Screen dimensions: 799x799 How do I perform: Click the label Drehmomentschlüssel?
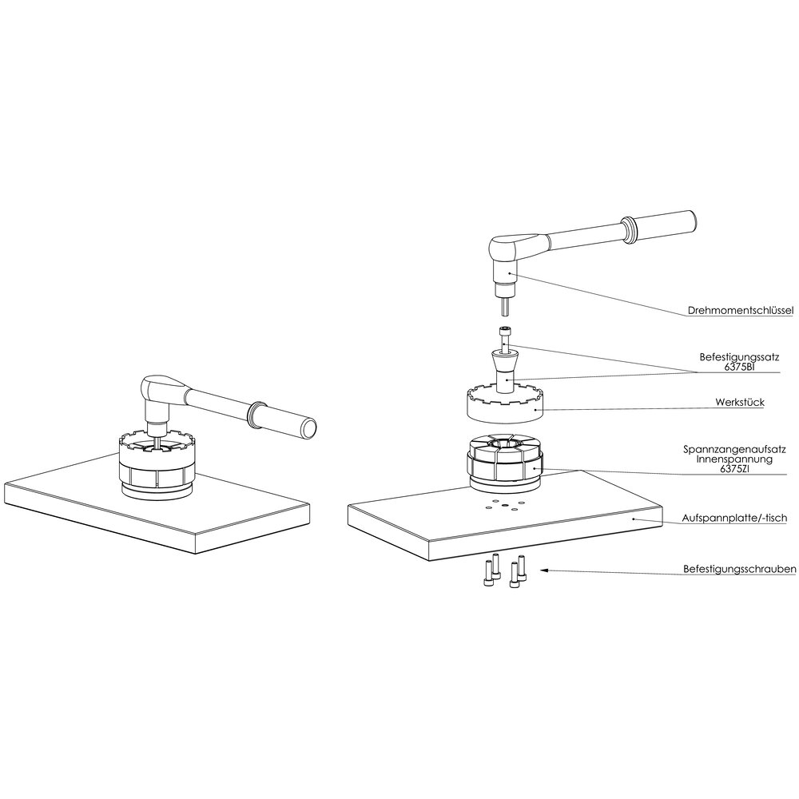740,311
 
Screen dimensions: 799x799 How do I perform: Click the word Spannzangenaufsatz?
737,450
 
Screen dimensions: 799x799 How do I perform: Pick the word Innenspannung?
737,459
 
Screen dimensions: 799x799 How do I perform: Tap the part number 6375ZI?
737,469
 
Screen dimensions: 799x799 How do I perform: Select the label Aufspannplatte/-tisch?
736,519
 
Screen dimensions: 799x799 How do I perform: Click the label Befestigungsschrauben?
737,570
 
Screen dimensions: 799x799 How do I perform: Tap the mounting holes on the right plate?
501,505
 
